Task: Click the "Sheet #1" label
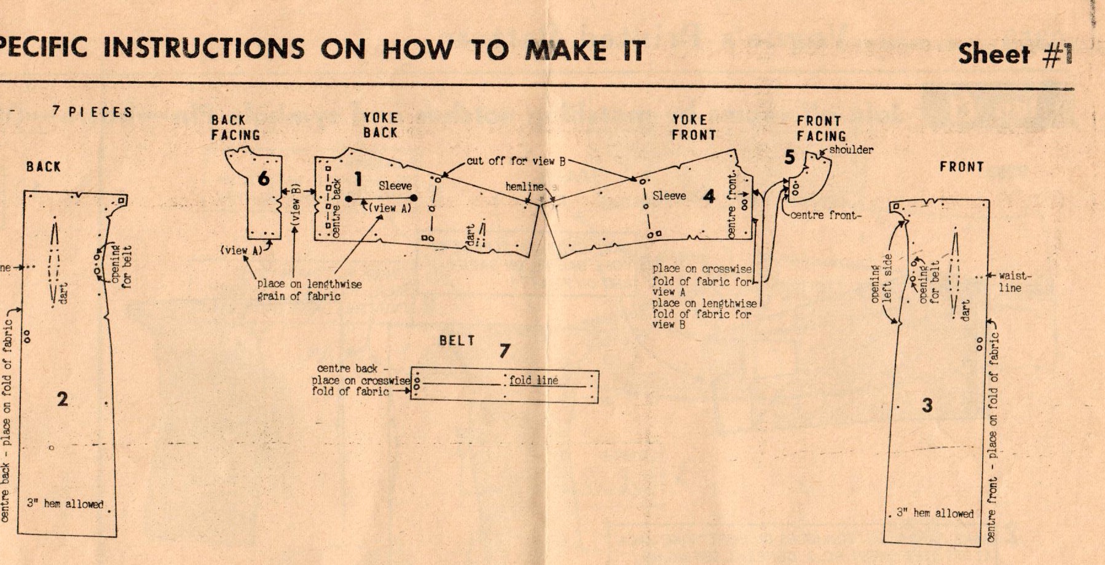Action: click(1015, 54)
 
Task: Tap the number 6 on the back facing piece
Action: click(264, 178)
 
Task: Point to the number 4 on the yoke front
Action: click(709, 196)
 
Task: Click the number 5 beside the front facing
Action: click(790, 157)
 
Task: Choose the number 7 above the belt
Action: click(505, 350)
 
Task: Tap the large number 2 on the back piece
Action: click(62, 399)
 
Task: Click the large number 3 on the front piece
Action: click(927, 405)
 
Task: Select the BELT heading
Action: click(457, 341)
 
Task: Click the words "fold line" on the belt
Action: click(533, 381)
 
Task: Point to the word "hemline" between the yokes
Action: click(524, 186)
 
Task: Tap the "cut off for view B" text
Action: click(516, 161)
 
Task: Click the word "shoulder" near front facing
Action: click(851, 149)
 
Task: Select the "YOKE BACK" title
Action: click(380, 125)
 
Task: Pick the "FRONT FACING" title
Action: click(821, 128)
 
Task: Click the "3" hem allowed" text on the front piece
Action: click(935, 513)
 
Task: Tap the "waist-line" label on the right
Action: click(1012, 282)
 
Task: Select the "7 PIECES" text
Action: click(92, 113)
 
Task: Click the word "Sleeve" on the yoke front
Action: click(669, 196)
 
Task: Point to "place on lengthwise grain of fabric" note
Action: click(309, 290)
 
